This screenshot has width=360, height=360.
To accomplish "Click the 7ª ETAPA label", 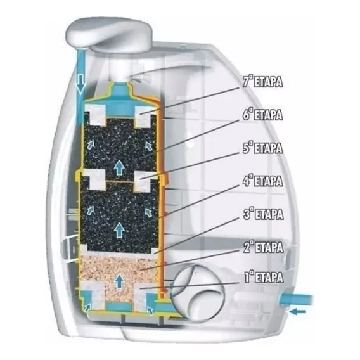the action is [x=262, y=81].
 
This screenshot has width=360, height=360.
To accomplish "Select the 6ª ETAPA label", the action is [x=262, y=114].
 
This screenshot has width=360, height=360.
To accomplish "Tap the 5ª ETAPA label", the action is [x=262, y=148].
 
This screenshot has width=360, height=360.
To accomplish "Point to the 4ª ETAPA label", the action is [x=262, y=181].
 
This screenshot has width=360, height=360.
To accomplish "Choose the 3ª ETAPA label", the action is [x=263, y=214].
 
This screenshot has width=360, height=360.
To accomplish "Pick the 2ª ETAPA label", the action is [x=263, y=247].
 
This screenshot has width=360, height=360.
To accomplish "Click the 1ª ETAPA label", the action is [x=264, y=277].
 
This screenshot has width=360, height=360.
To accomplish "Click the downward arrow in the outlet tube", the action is [x=80, y=84].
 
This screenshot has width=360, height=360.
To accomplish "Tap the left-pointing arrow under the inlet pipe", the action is [x=297, y=312].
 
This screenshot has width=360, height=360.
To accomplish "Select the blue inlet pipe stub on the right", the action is [x=296, y=300].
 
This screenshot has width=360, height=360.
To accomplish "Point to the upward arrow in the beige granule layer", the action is [x=119, y=280].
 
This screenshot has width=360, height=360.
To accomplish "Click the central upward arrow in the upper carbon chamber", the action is [x=119, y=167].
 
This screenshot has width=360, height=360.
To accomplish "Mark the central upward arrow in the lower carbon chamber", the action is [x=119, y=229].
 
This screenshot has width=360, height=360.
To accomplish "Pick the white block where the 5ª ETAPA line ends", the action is [x=143, y=181].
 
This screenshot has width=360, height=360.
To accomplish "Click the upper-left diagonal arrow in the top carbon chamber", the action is [x=90, y=144].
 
